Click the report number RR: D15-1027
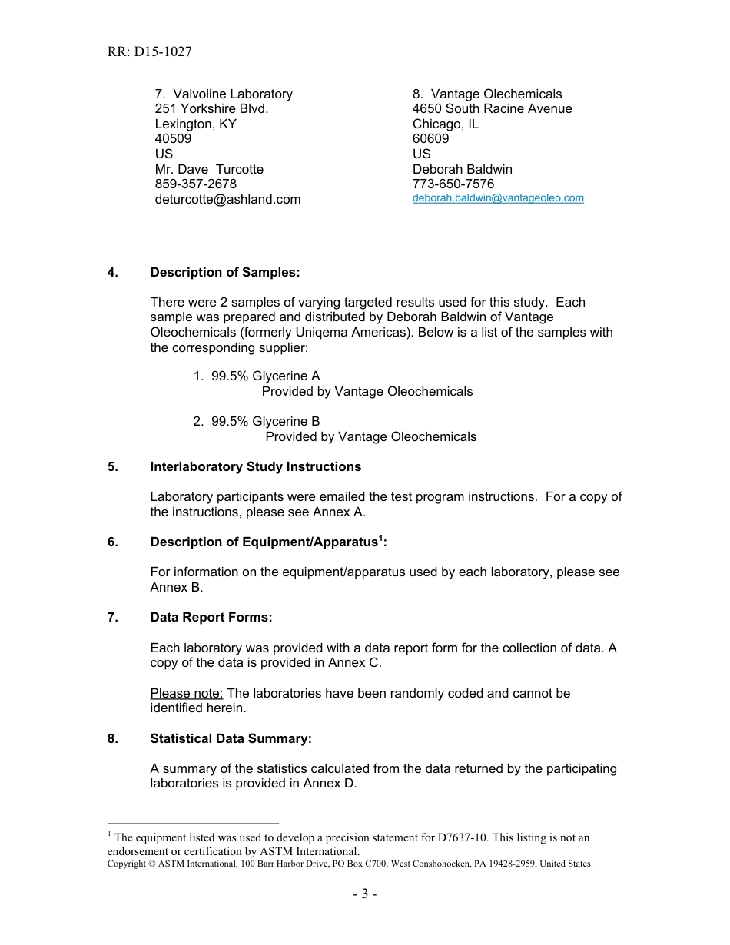click(150, 52)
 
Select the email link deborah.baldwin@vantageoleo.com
click(498, 198)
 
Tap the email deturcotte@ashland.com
click(227, 200)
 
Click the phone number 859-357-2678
click(196, 184)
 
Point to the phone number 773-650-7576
click(453, 184)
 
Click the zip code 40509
click(173, 139)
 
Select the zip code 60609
click(430, 139)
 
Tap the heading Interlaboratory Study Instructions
click(255, 467)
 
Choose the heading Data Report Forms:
click(211, 618)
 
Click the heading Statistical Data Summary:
click(231, 739)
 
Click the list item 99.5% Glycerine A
click(265, 376)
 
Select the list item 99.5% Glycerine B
click(265, 422)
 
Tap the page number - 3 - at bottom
click(365, 894)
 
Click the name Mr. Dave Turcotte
click(209, 169)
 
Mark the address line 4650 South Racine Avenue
click(492, 109)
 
